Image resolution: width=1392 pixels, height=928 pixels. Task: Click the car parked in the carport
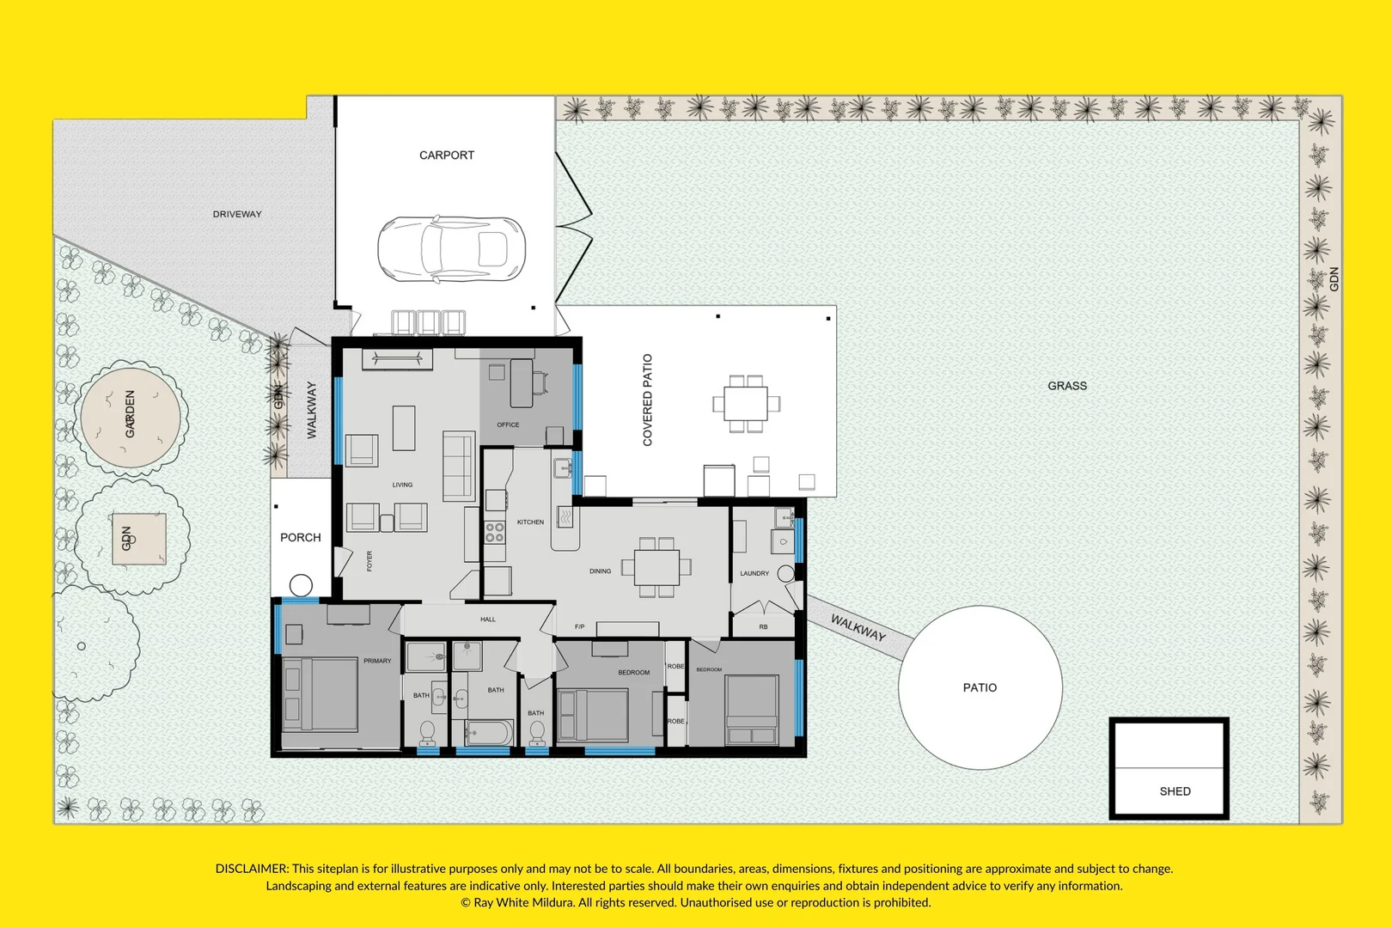click(451, 249)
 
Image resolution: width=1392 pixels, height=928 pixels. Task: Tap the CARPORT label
click(446, 156)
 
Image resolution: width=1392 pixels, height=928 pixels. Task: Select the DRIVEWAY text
click(237, 214)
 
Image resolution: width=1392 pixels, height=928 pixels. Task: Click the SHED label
click(1175, 791)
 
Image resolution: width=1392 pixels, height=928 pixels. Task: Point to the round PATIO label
click(980, 687)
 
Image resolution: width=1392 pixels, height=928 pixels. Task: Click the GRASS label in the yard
click(1066, 386)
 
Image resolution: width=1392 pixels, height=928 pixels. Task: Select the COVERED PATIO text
click(648, 400)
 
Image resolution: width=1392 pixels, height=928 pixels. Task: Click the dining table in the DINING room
click(656, 567)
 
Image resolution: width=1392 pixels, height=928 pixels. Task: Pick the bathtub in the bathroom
click(489, 733)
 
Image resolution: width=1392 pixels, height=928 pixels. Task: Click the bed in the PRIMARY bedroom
click(319, 694)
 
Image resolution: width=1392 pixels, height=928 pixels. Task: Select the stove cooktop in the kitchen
click(495, 532)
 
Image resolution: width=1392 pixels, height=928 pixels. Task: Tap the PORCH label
click(300, 537)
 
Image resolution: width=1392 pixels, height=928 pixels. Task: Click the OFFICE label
click(508, 424)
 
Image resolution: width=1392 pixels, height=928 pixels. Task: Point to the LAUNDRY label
click(754, 573)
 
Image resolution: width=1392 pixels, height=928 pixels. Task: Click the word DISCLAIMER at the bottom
click(252, 869)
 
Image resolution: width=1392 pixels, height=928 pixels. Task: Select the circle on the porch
click(301, 585)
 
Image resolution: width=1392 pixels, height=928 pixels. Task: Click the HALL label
click(488, 619)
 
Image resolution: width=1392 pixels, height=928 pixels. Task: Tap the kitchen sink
click(562, 469)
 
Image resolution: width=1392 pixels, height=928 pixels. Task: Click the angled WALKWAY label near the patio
click(858, 628)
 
